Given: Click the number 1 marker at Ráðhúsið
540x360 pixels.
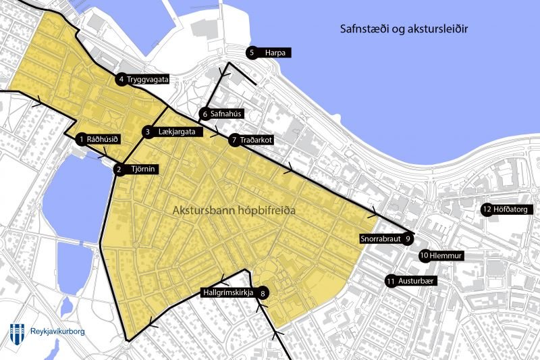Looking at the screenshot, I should pyautogui.click(x=81, y=139).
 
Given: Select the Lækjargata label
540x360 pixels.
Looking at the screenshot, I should pyautogui.click(x=180, y=132).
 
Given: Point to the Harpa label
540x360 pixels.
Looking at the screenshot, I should pyautogui.click(x=275, y=52).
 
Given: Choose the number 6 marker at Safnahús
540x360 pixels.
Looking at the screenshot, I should pyautogui.click(x=204, y=114).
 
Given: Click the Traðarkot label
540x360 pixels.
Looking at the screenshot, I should pyautogui.click(x=256, y=140).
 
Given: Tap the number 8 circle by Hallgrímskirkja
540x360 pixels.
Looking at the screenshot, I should pyautogui.click(x=263, y=293).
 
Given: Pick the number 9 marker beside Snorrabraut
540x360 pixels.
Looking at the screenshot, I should pyautogui.click(x=408, y=238).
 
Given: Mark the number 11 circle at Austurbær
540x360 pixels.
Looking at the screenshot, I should pyautogui.click(x=391, y=281).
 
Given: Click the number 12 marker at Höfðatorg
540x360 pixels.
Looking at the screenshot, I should pyautogui.click(x=487, y=209).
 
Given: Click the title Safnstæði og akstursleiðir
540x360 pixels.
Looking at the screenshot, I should pyautogui.click(x=404, y=30).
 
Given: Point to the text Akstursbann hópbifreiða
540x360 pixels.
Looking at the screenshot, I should pyautogui.click(x=235, y=211).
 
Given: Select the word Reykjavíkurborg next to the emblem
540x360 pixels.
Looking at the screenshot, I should pyautogui.click(x=57, y=331).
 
